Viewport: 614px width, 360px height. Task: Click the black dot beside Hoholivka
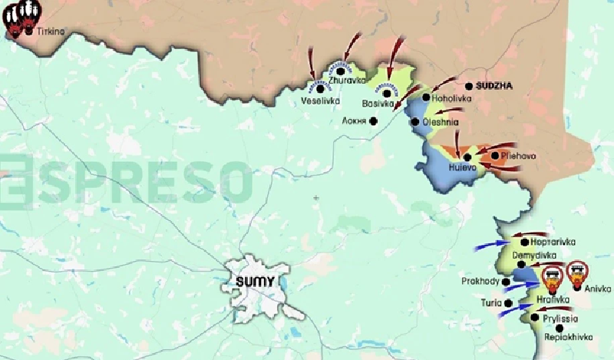[x=426, y=97]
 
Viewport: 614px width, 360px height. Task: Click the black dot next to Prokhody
[x=507, y=282]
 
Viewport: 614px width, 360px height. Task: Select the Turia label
[x=491, y=303]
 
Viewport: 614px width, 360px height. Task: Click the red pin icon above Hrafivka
[x=551, y=274]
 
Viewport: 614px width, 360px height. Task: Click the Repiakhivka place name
[x=569, y=336]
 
